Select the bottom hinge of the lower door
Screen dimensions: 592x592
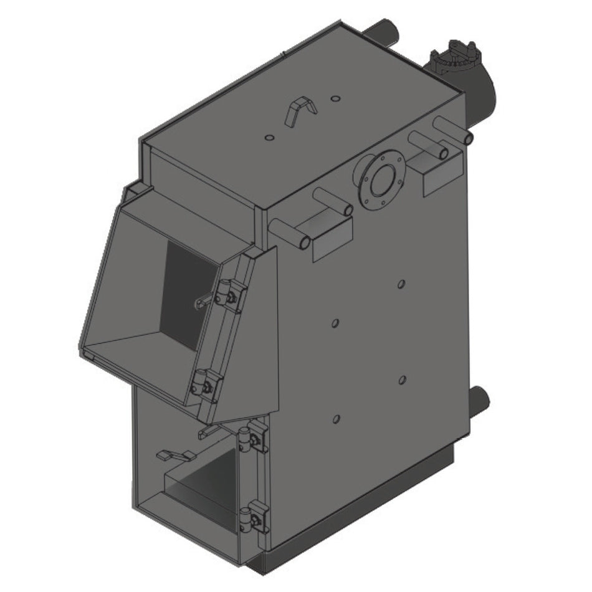tap(254, 517)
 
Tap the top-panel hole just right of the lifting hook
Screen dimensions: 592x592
tap(335, 98)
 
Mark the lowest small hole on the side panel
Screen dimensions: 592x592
tap(337, 419)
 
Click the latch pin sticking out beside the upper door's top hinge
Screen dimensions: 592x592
tap(203, 303)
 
